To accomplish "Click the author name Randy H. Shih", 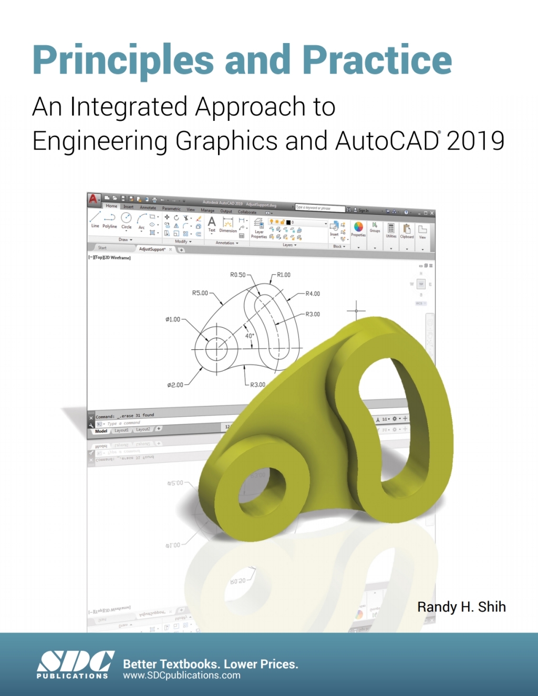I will pyautogui.click(x=461, y=607).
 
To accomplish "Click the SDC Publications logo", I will pyautogui.click(x=75, y=664).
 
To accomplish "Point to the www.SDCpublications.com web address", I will pyautogui.click(x=181, y=676).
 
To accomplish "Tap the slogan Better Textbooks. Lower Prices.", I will pyautogui.click(x=210, y=664).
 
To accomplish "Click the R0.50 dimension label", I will pyautogui.click(x=237, y=275).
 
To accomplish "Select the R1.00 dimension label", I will pyautogui.click(x=284, y=275).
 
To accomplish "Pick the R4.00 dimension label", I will pyautogui.click(x=313, y=294).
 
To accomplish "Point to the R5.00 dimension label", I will pyautogui.click(x=200, y=293).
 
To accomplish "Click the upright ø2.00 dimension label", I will pyautogui.click(x=175, y=385).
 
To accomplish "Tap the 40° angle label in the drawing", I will pyautogui.click(x=250, y=336).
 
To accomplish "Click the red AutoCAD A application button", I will pyautogui.click(x=94, y=199).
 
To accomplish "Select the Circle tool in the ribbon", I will pyautogui.click(x=126, y=220).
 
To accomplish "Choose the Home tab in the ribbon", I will pyautogui.click(x=111, y=206).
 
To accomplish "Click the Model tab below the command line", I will pyautogui.click(x=101, y=431).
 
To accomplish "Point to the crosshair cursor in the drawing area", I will pyautogui.click(x=356, y=311).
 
